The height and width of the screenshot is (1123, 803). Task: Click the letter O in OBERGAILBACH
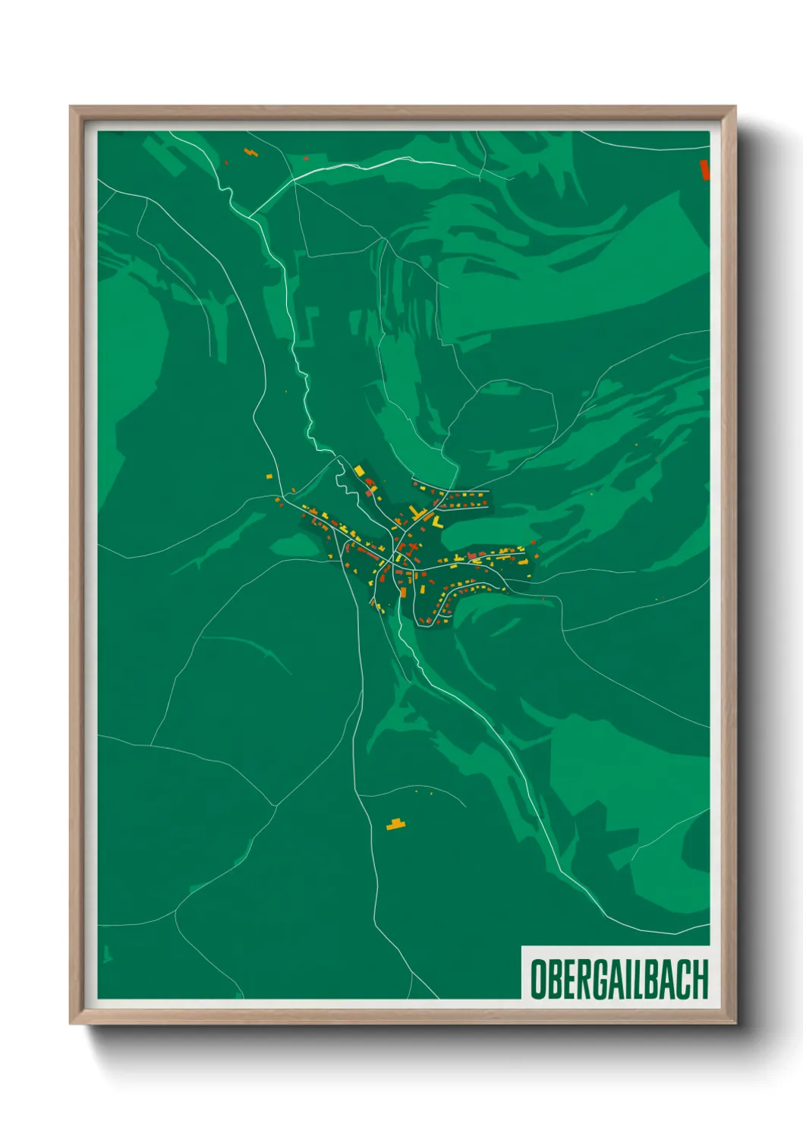pos(538,979)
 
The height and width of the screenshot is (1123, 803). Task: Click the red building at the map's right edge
pos(704,170)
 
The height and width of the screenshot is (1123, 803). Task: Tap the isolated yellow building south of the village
pos(395,824)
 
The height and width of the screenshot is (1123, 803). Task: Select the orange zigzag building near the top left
pos(250,153)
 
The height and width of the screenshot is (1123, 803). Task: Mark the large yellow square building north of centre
pos(359,470)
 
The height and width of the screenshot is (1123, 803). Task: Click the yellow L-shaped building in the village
pos(437,522)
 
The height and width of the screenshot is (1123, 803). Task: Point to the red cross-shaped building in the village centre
pos(412,547)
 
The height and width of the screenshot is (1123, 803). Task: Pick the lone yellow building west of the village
pos(269,477)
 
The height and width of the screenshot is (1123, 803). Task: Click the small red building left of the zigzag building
pos(225,161)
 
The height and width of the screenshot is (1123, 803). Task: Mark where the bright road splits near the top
pos(294,182)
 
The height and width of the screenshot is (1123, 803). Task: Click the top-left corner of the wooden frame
pos(71,107)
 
